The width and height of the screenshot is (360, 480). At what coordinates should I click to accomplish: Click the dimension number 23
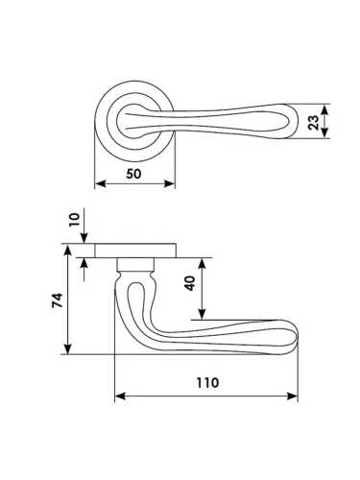pos(314,123)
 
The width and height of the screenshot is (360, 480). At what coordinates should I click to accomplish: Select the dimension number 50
pos(133,174)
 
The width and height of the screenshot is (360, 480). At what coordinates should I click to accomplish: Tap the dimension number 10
pos(75,220)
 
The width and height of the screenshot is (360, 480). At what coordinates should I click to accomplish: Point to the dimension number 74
pos(58,300)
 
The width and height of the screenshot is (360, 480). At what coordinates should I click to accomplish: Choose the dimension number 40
pos(190,283)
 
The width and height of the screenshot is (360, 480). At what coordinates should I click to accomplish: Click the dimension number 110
pos(207,382)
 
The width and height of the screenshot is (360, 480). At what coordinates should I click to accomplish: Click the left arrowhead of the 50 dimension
pos(101,183)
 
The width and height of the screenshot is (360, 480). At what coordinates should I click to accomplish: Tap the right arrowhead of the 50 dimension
pos(170,183)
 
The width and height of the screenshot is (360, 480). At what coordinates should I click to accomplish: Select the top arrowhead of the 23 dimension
pos(324,110)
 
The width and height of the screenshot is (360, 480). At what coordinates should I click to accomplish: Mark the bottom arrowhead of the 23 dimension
pos(324,132)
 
